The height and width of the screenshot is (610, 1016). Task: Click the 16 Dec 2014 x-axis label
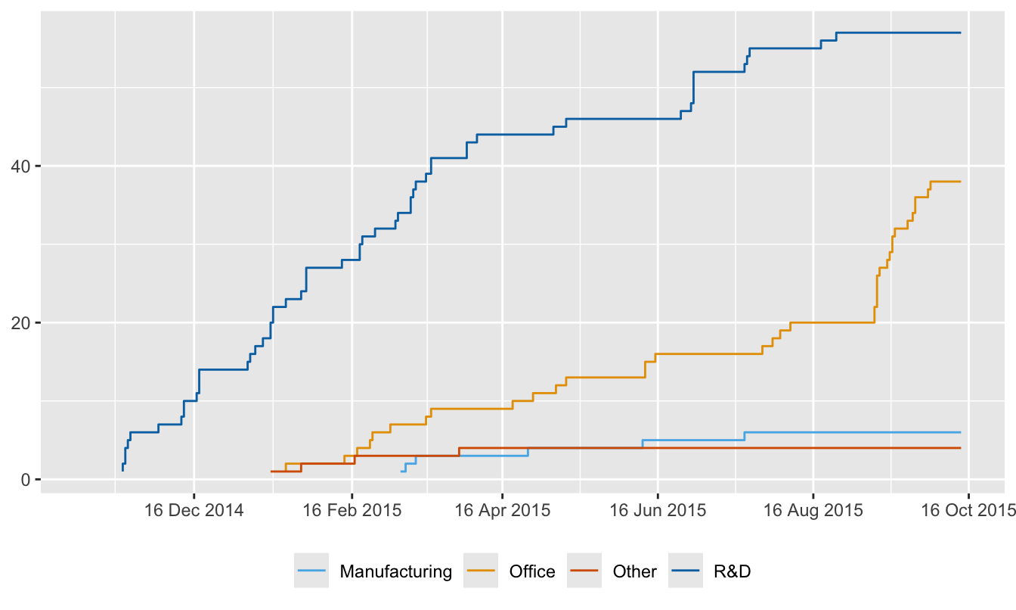tap(194, 510)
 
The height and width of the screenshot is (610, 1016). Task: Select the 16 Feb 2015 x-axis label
tap(352, 510)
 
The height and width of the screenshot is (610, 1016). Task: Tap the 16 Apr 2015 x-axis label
tap(504, 510)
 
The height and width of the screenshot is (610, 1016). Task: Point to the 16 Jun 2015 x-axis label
tap(657, 510)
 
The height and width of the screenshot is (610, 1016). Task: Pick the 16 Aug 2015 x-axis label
tap(813, 510)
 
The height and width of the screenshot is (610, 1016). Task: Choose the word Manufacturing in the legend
tap(396, 571)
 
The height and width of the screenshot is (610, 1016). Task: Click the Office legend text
tap(532, 571)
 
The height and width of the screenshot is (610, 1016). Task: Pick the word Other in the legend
tap(634, 571)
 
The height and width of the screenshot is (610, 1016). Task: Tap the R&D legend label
tap(732, 571)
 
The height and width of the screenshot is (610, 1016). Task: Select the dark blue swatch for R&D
tap(684, 571)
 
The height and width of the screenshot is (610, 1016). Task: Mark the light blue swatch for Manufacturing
tap(311, 571)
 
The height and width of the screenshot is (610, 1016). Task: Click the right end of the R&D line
tap(960, 33)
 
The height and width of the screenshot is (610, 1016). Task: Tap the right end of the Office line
tap(960, 182)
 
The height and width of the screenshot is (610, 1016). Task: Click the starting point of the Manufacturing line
tap(401, 472)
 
